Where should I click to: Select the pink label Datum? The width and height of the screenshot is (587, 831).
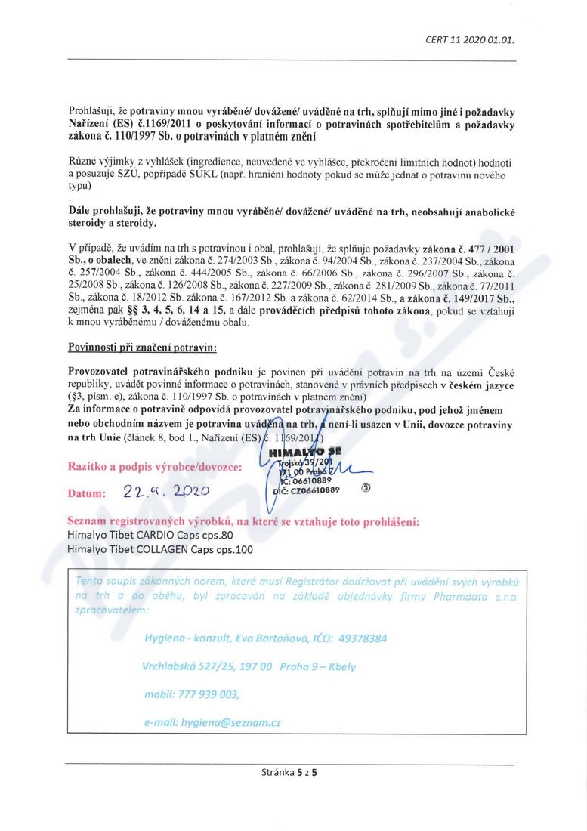pyautogui.click(x=89, y=493)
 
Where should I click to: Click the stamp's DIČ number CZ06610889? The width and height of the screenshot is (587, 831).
pyautogui.click(x=313, y=490)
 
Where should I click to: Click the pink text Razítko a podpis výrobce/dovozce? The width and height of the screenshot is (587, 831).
pyautogui.click(x=156, y=467)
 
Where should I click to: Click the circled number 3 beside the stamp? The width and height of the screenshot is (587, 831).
pyautogui.click(x=366, y=488)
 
